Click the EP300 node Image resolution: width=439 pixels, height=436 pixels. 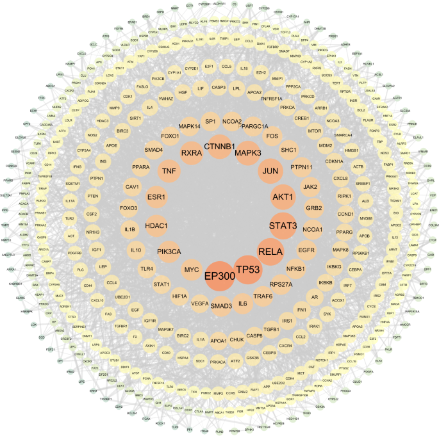coord(220,276)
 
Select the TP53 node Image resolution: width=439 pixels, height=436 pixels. coord(247,270)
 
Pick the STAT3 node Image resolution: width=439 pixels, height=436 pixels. coord(283,225)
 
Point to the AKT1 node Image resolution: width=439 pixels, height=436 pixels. coord(282,197)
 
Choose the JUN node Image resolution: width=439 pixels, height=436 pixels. coord(269,171)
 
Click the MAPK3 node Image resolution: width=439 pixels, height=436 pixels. coord(247,154)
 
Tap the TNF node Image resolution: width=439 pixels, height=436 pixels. coord(169,172)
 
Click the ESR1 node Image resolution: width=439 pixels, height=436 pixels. coord(156,197)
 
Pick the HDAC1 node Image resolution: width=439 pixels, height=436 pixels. coord(156,226)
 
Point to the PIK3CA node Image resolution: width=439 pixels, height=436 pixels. coord(170,252)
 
